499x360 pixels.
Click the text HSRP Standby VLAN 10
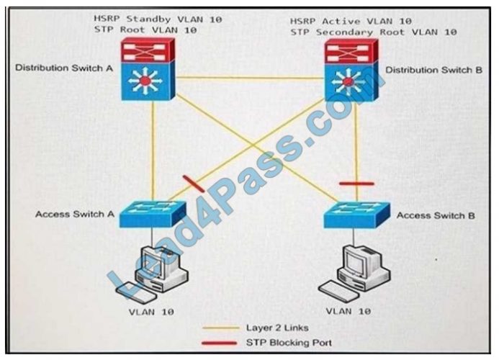(157, 19)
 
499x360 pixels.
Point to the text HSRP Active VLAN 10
(351, 21)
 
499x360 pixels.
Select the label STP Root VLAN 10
(145, 30)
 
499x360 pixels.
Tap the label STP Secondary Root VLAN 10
(373, 32)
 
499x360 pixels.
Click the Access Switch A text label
(74, 214)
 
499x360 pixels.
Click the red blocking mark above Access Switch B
(356, 184)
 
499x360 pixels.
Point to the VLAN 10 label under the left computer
(152, 311)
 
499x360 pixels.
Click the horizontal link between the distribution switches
(251, 77)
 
